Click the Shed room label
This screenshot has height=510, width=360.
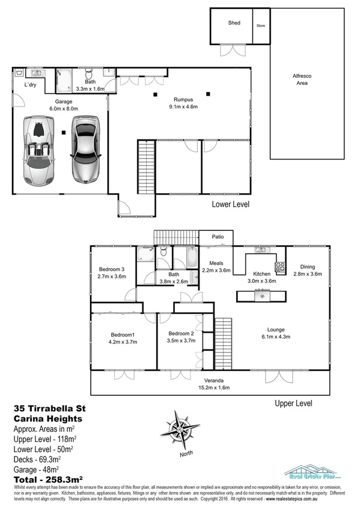coord(234,23)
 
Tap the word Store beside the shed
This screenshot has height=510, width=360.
coord(261,26)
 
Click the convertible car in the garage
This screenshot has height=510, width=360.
coord(38,150)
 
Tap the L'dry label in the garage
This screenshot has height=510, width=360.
coord(30,85)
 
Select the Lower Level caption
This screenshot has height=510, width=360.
coord(231,204)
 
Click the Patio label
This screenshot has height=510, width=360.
coord(217,236)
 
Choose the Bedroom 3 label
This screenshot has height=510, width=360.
coord(111,269)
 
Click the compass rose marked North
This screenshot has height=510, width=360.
coord(179,428)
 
